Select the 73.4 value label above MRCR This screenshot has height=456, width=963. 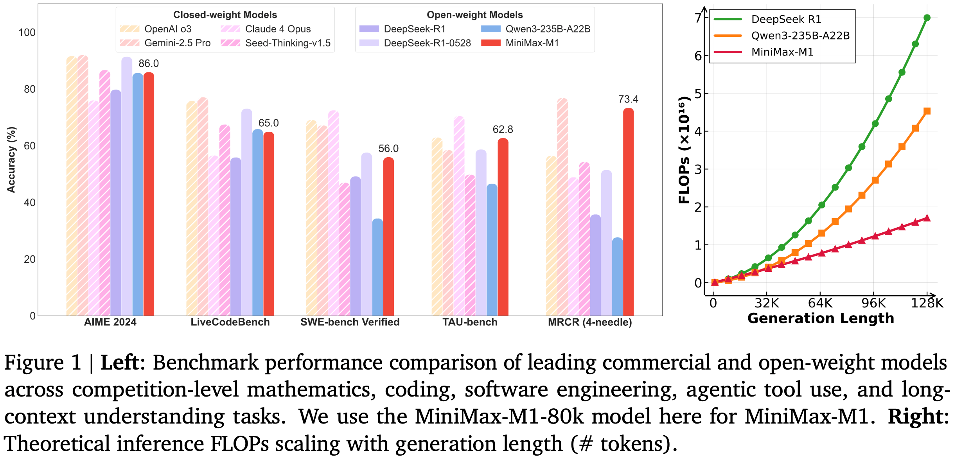click(x=628, y=99)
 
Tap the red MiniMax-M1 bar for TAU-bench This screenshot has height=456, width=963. click(x=503, y=227)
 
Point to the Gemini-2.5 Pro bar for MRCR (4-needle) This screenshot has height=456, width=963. click(x=562, y=207)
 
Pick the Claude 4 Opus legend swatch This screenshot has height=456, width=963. click(x=230, y=29)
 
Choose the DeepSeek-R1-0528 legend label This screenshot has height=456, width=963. click(x=427, y=43)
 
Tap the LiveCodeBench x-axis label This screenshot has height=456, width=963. click(x=230, y=322)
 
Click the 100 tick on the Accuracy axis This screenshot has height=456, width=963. click(x=27, y=32)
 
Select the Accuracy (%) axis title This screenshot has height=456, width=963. click(x=11, y=160)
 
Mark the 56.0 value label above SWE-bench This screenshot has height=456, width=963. click(x=388, y=149)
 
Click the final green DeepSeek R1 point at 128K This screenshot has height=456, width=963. click(x=927, y=18)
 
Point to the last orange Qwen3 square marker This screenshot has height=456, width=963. click(x=927, y=111)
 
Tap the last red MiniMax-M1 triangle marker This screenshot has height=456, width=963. click(x=927, y=218)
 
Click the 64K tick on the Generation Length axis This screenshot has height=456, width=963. click(x=820, y=303)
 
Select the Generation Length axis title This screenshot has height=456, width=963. click(x=821, y=318)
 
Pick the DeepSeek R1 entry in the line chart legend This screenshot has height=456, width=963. click(x=786, y=19)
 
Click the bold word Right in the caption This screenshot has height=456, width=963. click(x=915, y=416)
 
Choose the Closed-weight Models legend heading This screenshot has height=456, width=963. click(x=225, y=15)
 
